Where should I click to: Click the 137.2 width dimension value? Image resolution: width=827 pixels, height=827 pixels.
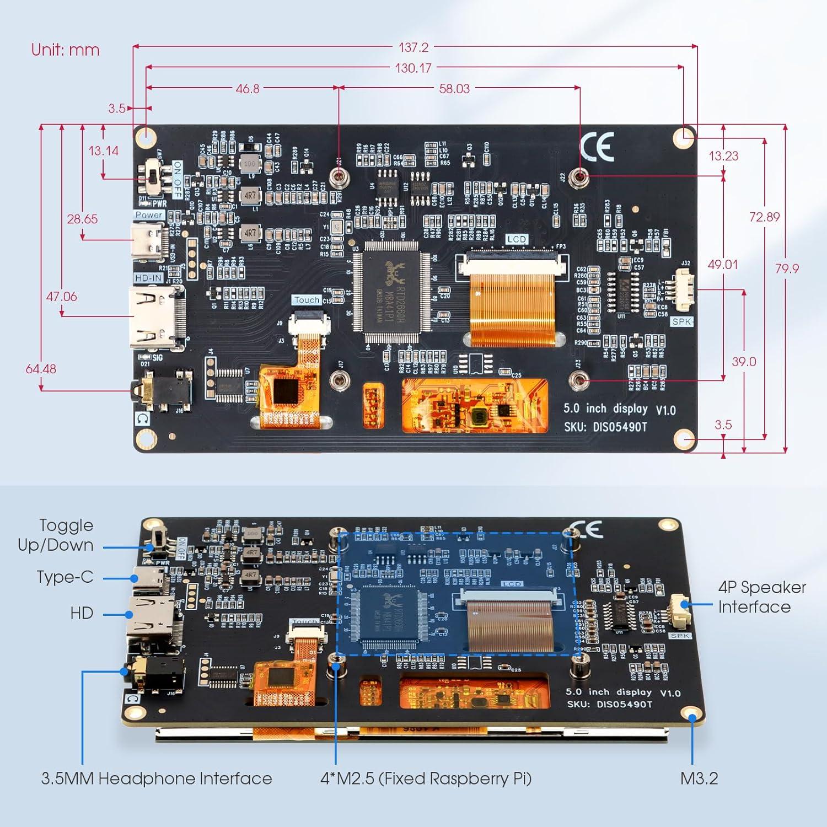pyautogui.click(x=413, y=47)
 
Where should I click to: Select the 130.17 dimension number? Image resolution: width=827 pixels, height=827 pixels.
pyautogui.click(x=413, y=68)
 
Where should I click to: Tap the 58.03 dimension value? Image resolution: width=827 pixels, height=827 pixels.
pyautogui.click(x=454, y=89)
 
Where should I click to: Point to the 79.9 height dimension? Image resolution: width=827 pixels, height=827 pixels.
pyautogui.click(x=787, y=268)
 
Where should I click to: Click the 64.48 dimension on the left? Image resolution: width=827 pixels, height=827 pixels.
pyautogui.click(x=41, y=369)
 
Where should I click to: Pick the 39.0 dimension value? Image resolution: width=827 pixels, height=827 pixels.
pyautogui.click(x=744, y=362)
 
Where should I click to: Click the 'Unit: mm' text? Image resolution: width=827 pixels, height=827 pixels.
pyautogui.click(x=65, y=50)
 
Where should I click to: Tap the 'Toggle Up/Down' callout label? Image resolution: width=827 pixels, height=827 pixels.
pyautogui.click(x=56, y=535)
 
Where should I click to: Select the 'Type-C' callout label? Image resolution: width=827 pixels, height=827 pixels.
pyautogui.click(x=65, y=577)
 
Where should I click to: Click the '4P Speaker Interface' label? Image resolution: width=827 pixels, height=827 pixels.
pyautogui.click(x=761, y=597)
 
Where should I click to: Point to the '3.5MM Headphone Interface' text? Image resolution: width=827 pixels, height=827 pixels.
pyautogui.click(x=157, y=778)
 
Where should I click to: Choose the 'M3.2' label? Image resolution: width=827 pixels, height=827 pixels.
pyautogui.click(x=699, y=778)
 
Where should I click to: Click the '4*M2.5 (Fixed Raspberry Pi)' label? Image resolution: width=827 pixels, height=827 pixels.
pyautogui.click(x=426, y=778)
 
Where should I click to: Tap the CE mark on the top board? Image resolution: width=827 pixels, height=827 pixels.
pyautogui.click(x=597, y=147)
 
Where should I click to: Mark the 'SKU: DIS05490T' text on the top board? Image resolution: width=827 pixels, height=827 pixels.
pyautogui.click(x=604, y=427)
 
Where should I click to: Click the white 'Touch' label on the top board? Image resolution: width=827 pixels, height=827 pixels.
pyautogui.click(x=307, y=300)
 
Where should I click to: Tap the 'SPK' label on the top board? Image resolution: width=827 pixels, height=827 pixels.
pyautogui.click(x=681, y=321)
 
